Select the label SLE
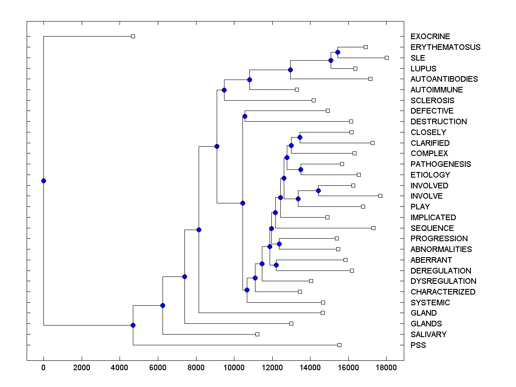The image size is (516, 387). coord(418,58)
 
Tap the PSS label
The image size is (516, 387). coord(418,345)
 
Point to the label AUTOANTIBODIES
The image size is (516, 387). coord(444,79)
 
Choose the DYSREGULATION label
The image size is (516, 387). coord(443,281)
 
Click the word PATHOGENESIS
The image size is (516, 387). coord(440,164)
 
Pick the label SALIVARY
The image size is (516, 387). coord(428,335)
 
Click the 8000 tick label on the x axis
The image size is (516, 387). coord(196,367)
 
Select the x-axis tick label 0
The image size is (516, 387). coord(43,367)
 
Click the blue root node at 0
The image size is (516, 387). coord(43,181)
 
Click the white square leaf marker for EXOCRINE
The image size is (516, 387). coord(133,36)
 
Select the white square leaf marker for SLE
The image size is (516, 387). coord(387,58)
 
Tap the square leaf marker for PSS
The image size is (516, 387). coord(339,345)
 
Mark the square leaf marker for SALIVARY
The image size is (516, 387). coord(257,334)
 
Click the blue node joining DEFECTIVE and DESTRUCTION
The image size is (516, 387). coord(245,116)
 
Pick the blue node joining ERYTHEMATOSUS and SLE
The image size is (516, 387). coord(338,52)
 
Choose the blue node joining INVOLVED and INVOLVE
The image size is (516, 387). coord(318,190)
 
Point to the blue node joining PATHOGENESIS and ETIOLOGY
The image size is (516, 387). coord(301,169)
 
